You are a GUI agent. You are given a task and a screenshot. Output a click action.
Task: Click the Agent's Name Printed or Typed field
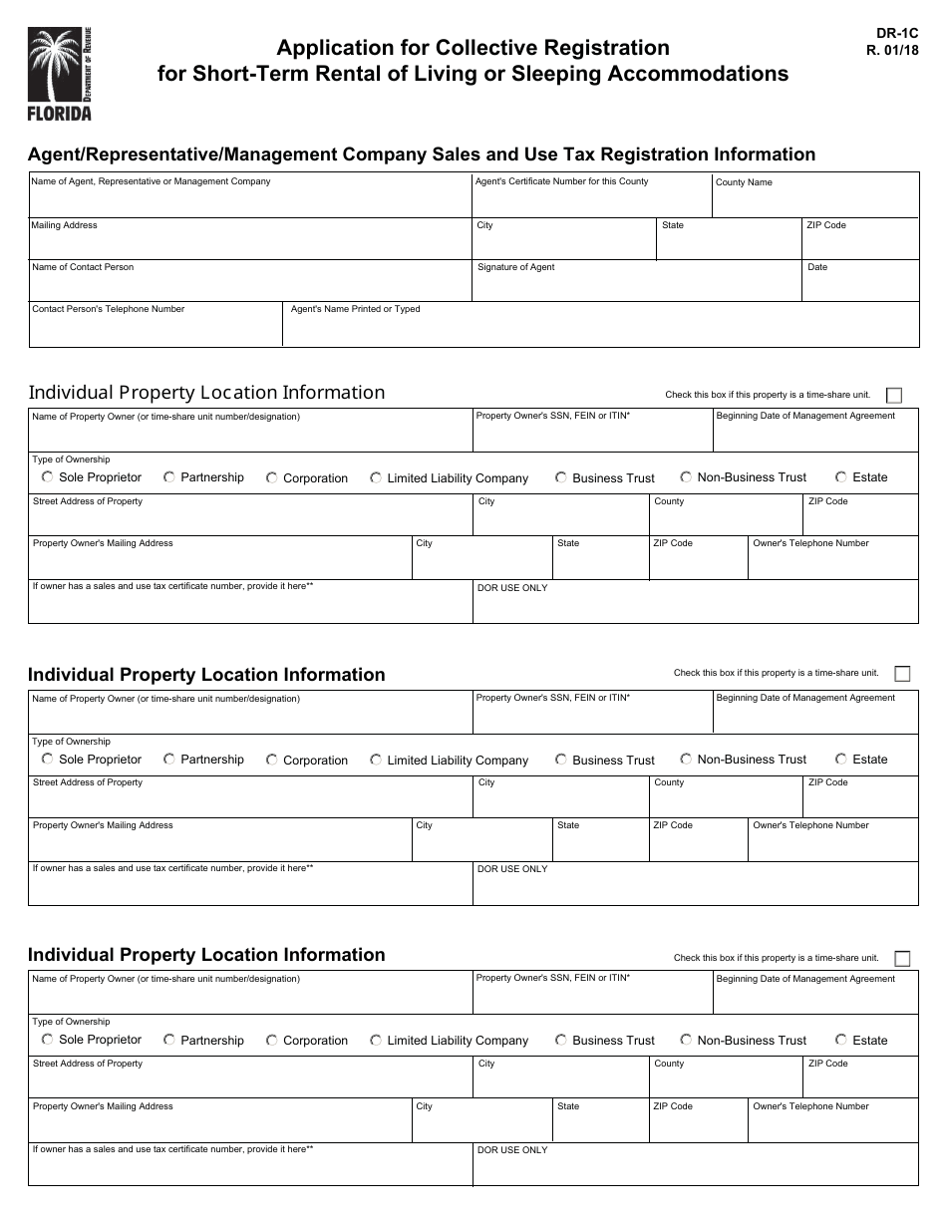pos(600,330)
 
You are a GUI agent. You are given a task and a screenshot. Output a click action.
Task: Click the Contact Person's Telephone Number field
pos(156,330)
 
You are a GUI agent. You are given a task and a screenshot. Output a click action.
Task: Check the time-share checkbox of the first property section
pos(893,396)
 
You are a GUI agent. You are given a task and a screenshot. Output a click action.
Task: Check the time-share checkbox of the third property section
pos(902,959)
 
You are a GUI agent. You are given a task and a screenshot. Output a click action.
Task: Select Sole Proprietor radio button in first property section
pos(48,477)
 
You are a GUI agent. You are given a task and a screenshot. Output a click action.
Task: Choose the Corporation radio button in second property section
pos(271,760)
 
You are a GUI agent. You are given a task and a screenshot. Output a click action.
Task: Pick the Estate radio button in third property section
pos(841,1040)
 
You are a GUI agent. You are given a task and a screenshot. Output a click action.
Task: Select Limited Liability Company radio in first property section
pos(376,478)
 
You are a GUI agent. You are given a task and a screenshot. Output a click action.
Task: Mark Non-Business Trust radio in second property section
pos(686,760)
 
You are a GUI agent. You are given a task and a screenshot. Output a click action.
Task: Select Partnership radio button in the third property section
pos(169,1040)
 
